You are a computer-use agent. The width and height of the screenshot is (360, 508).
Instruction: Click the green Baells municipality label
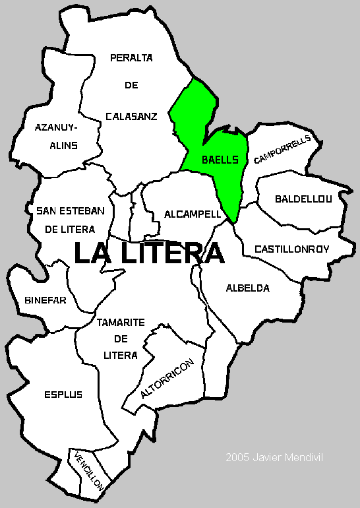click(x=220, y=160)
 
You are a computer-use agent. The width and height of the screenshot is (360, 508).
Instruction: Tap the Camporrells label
click(x=282, y=147)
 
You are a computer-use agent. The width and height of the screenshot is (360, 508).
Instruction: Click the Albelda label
click(x=247, y=288)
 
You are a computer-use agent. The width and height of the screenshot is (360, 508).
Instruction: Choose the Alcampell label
click(x=183, y=214)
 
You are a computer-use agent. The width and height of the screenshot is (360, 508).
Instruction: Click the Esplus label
click(x=63, y=395)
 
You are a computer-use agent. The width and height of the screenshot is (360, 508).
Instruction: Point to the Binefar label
click(x=45, y=300)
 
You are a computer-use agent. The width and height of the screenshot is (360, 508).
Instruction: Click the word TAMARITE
click(x=121, y=323)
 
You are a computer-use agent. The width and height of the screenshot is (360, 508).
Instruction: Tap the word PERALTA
click(x=131, y=57)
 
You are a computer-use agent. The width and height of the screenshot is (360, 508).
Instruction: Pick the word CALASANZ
click(x=131, y=116)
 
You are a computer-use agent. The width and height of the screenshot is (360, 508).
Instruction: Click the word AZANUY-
click(x=56, y=127)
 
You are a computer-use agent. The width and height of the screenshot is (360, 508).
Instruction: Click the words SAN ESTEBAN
click(x=71, y=210)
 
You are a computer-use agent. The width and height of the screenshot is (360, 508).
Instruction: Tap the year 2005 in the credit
click(x=237, y=457)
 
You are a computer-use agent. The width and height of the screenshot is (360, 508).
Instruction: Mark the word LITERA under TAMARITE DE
click(x=121, y=355)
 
